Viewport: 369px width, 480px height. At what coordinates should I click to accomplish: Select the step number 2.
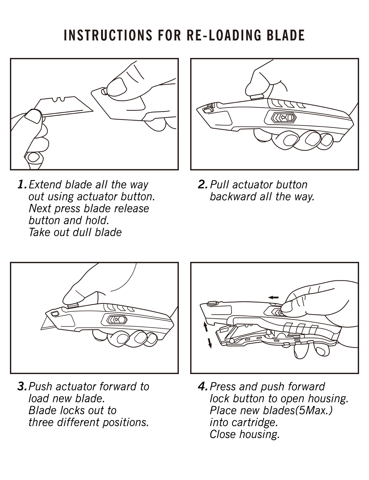203,185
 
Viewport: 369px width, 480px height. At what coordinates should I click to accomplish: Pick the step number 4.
203,387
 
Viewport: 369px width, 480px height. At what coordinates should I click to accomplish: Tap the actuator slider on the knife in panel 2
283,118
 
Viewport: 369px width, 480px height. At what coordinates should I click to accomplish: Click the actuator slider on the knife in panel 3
117,320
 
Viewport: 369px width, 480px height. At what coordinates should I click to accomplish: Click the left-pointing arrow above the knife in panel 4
274,297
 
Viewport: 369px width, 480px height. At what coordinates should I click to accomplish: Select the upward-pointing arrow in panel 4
205,326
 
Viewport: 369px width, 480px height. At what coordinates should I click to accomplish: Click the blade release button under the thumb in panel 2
257,97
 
